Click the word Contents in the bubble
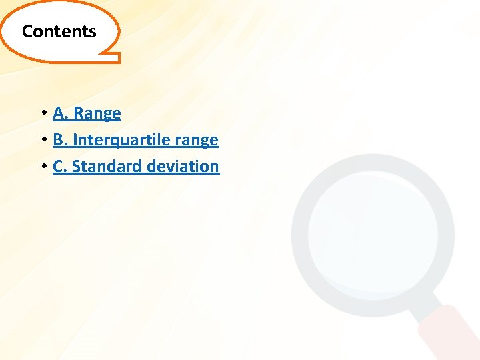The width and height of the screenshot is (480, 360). (x=59, y=31)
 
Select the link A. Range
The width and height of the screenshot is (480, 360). (x=87, y=113)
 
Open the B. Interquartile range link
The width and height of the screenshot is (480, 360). (x=135, y=140)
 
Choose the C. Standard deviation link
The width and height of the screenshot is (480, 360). (x=135, y=167)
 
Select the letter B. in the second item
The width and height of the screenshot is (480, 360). (x=60, y=140)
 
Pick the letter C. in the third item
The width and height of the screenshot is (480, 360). (x=60, y=167)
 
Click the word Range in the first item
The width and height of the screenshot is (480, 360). (x=97, y=113)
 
